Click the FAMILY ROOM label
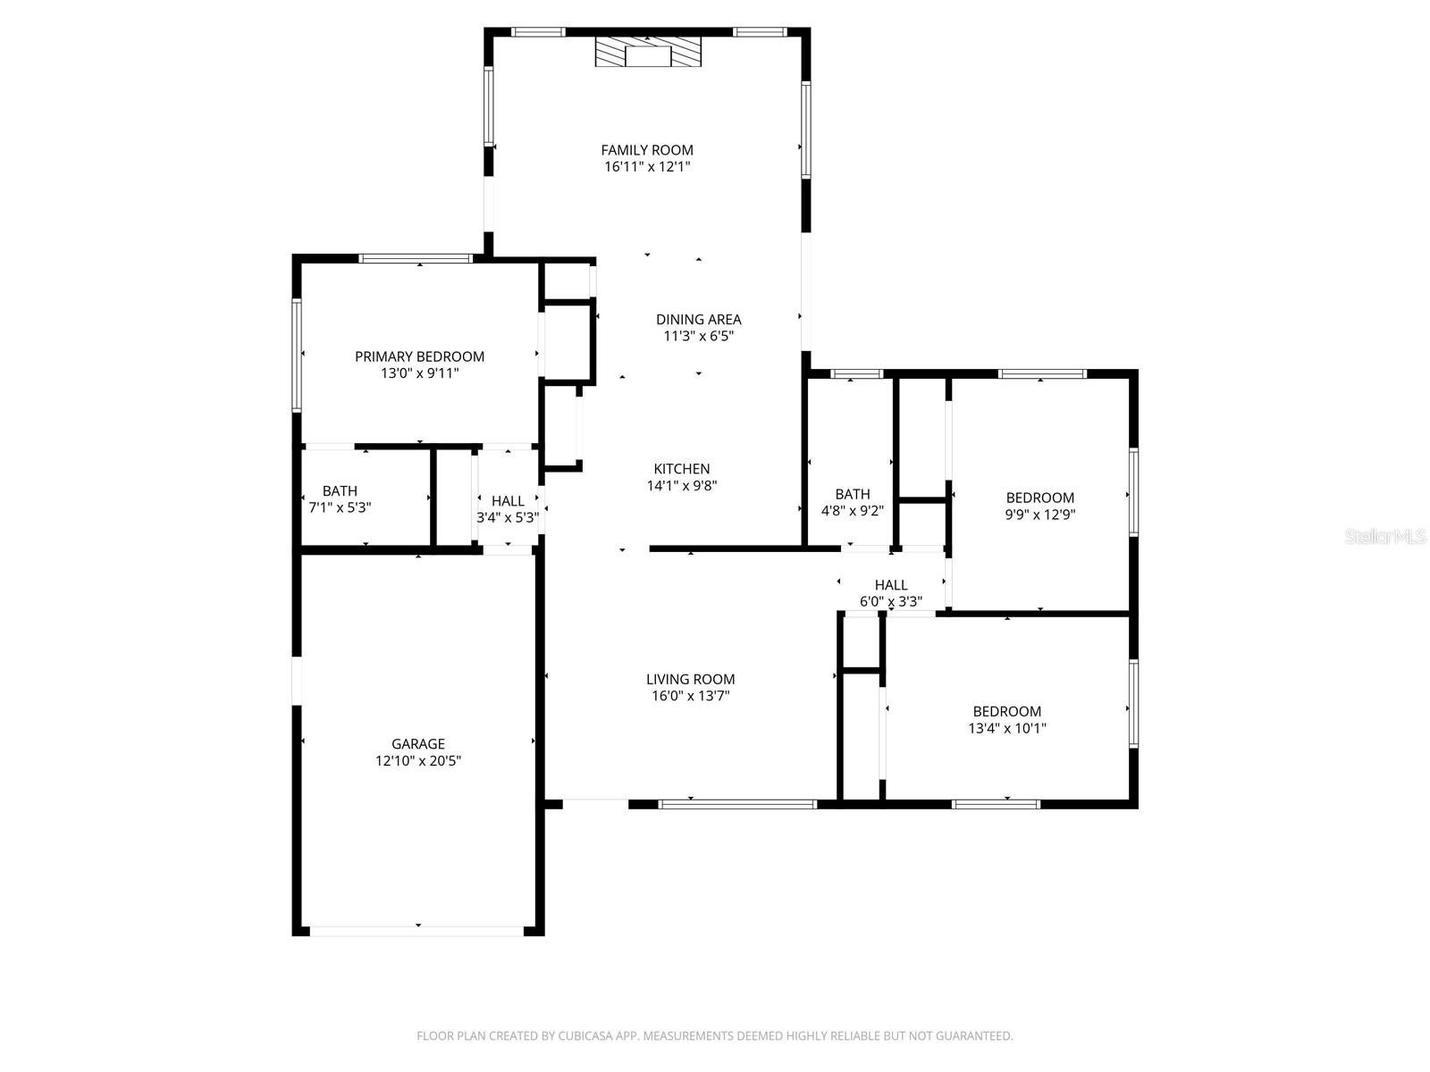pyautogui.click(x=646, y=150)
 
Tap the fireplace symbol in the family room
pyautogui.click(x=648, y=52)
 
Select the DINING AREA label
pyautogui.click(x=698, y=320)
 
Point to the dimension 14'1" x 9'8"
pyautogui.click(x=681, y=486)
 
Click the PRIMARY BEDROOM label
pyautogui.click(x=419, y=356)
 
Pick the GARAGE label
pyautogui.click(x=417, y=744)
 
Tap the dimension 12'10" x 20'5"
pyautogui.click(x=417, y=761)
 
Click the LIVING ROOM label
pyautogui.click(x=690, y=680)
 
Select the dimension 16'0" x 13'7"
pyautogui.click(x=690, y=696)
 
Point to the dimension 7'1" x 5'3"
pyautogui.click(x=340, y=507)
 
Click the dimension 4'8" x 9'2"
pyautogui.click(x=852, y=511)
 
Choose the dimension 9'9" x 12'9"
pyautogui.click(x=1039, y=515)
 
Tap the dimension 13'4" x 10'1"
pyautogui.click(x=1006, y=728)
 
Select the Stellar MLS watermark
pyautogui.click(x=1385, y=536)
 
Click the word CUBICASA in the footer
pyautogui.click(x=585, y=1036)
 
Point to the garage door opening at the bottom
pyautogui.click(x=417, y=932)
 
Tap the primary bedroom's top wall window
pyautogui.click(x=415, y=258)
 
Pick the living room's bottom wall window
pyautogui.click(x=736, y=805)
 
